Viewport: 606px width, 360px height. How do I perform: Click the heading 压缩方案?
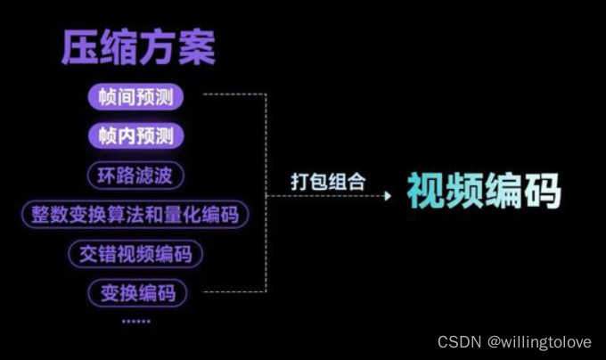[138, 47]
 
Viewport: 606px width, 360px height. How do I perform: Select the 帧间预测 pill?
[135, 97]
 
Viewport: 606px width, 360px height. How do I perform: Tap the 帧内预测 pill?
[135, 136]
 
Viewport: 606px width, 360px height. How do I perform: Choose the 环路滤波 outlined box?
[135, 176]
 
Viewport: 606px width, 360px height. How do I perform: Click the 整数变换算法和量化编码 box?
[135, 215]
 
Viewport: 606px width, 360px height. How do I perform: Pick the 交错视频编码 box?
[135, 253]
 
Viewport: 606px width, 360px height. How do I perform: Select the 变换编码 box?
[136, 291]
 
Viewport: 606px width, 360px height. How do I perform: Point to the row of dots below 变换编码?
[136, 321]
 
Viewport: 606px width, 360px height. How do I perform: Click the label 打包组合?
[328, 182]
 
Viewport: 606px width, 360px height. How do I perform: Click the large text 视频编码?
[484, 190]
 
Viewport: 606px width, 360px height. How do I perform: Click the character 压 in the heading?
[80, 47]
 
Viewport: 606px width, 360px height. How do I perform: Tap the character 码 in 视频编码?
[542, 190]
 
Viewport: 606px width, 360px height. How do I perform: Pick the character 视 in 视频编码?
[426, 190]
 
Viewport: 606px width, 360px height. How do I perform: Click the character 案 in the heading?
[196, 47]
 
